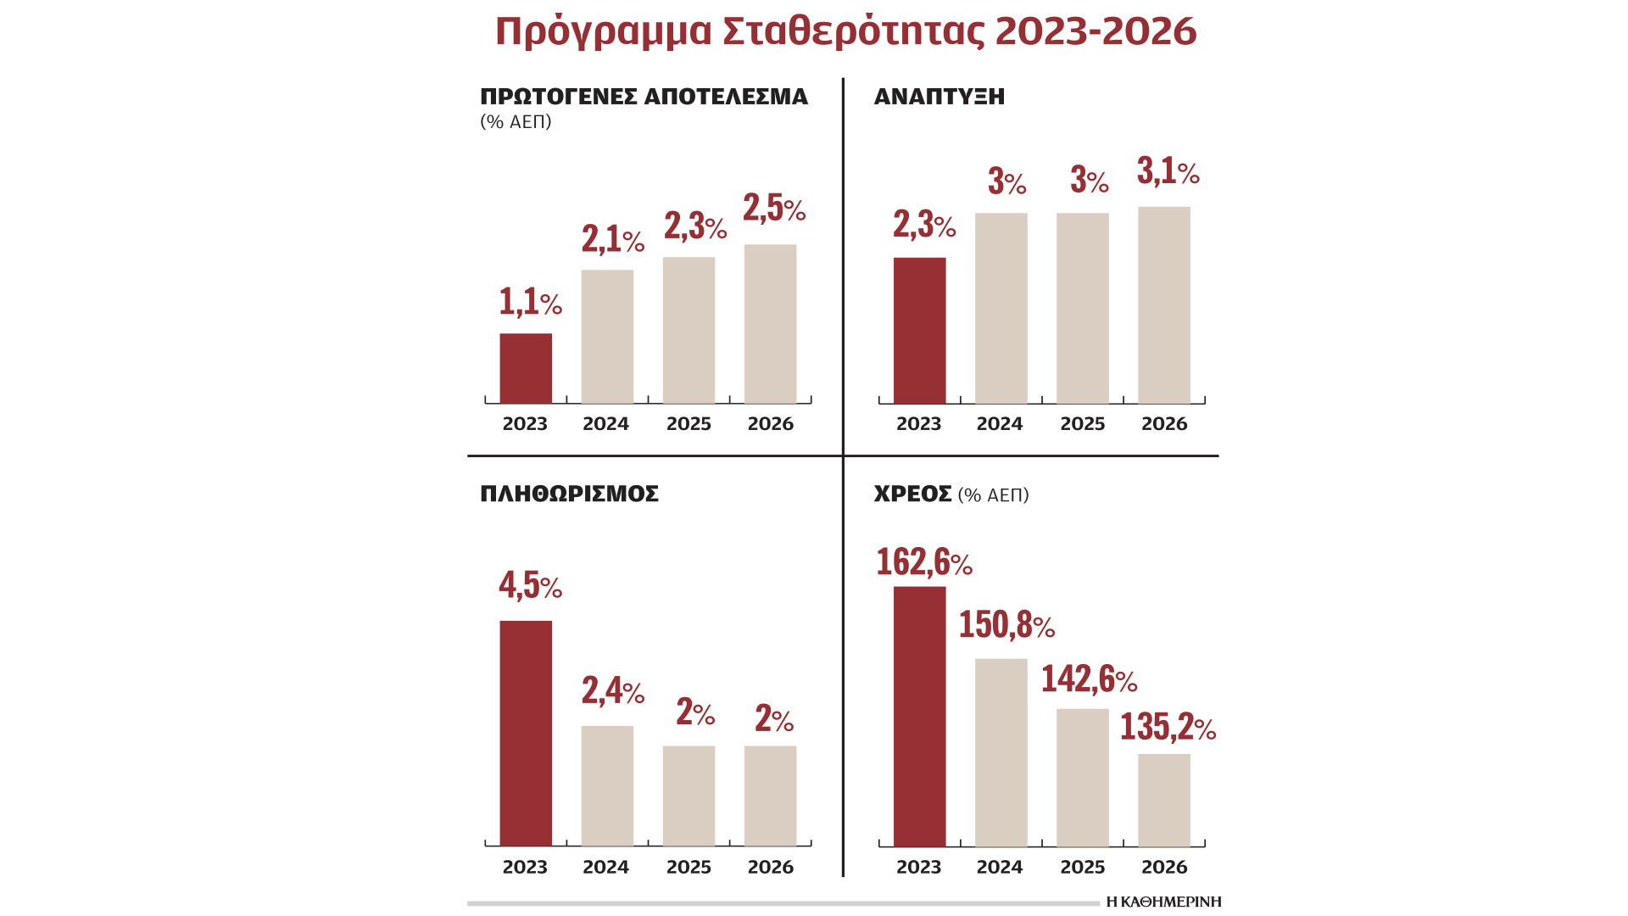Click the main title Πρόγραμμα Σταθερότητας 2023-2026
(x=845, y=32)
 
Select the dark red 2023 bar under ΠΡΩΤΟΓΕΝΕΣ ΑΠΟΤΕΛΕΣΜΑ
(x=526, y=368)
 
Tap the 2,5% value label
(x=773, y=209)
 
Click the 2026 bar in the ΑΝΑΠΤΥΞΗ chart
(x=1163, y=304)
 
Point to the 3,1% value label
(x=1168, y=172)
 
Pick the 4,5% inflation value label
(x=530, y=585)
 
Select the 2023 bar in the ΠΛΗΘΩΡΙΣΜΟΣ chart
(x=526, y=733)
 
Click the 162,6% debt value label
(x=923, y=562)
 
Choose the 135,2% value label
(x=1168, y=727)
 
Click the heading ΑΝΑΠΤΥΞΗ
(x=939, y=97)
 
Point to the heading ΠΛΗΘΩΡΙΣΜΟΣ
(x=569, y=494)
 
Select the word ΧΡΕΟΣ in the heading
(x=912, y=494)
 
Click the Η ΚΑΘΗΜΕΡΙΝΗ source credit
(x=1163, y=902)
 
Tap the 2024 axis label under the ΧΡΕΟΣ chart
(x=999, y=867)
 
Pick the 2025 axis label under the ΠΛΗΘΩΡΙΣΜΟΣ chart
(x=688, y=867)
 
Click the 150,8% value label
(x=1006, y=625)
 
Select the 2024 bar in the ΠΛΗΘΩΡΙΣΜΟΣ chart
(x=607, y=785)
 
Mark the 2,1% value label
(x=612, y=240)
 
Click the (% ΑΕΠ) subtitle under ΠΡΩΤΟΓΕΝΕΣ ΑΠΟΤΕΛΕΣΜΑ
(x=516, y=122)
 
